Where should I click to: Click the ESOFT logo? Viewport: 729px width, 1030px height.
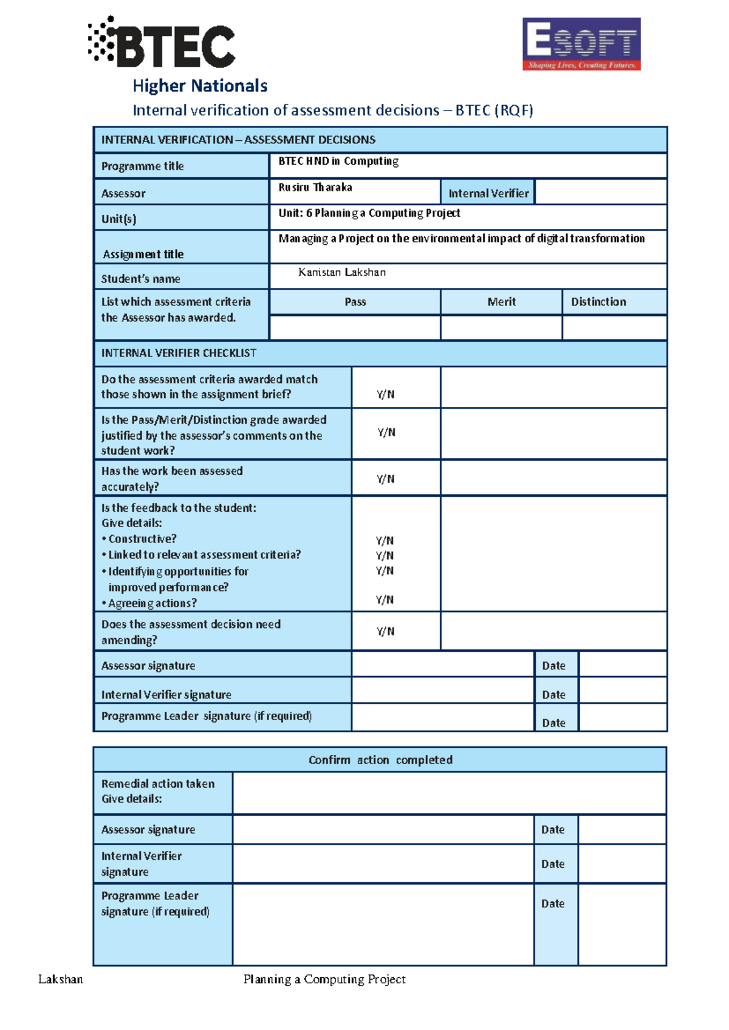[581, 44]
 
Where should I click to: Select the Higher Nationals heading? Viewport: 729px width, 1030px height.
[200, 86]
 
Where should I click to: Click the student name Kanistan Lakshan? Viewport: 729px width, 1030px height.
[341, 272]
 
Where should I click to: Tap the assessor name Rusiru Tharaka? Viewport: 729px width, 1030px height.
[315, 188]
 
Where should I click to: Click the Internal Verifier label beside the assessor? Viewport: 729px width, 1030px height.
[488, 193]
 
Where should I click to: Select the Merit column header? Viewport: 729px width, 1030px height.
[501, 302]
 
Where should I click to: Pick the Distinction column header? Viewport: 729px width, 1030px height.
[598, 302]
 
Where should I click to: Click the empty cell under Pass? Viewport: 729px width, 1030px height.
[355, 327]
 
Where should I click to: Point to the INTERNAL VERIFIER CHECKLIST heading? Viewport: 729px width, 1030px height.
[179, 353]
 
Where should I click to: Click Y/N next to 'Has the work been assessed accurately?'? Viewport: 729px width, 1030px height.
[386, 479]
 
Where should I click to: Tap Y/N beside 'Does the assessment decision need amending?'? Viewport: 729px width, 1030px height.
[386, 631]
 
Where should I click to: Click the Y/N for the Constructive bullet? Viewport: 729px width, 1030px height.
[385, 540]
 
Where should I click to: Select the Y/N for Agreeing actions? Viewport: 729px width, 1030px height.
[385, 599]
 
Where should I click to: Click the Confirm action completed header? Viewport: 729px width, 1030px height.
[380, 760]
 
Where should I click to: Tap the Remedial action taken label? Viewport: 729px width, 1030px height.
[157, 783]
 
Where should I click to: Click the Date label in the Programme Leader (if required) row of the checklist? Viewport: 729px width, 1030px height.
[553, 723]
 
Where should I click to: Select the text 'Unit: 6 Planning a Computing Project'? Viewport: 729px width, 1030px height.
[369, 213]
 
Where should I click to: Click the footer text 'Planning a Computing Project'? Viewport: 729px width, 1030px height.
[324, 979]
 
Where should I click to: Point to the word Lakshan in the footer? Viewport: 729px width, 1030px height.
[60, 979]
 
